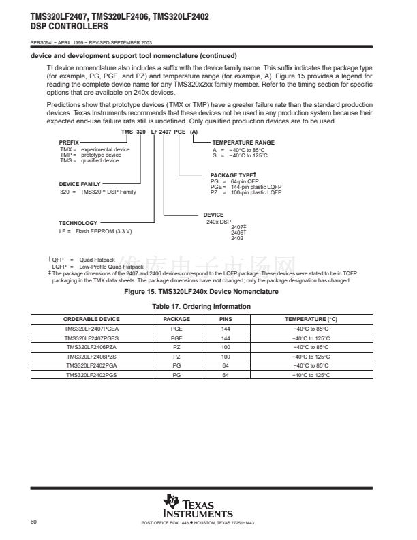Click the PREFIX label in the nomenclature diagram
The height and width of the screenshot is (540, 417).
[69, 142]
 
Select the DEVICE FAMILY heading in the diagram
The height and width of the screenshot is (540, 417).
[80, 184]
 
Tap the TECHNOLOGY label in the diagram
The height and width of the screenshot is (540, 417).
[78, 223]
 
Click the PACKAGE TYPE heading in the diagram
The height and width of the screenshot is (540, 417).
[233, 175]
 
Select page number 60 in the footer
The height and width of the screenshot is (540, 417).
[34, 522]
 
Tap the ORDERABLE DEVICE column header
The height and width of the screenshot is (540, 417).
[91, 319]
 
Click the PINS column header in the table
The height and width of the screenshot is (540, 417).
[226, 319]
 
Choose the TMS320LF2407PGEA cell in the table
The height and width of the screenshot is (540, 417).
[91, 329]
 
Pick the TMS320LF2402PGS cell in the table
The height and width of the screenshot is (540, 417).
[91, 375]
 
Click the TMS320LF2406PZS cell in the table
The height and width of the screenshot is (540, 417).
[91, 357]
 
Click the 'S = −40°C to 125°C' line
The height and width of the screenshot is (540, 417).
[239, 155]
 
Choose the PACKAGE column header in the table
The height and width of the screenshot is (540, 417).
[176, 319]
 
